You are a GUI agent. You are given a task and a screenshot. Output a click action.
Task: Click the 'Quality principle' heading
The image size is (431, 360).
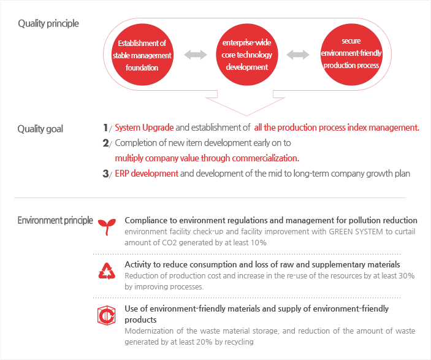[x=48, y=24]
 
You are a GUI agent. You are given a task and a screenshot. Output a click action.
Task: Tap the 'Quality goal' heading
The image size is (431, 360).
[x=40, y=129]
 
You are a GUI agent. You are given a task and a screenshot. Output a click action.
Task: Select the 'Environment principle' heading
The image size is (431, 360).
[x=55, y=220]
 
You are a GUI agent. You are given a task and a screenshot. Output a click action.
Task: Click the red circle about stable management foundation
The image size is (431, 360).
[x=142, y=55]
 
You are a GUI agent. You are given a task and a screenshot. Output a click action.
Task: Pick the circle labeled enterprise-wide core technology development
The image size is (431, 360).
[x=247, y=55]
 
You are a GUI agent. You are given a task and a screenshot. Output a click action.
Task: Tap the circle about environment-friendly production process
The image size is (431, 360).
[x=351, y=55]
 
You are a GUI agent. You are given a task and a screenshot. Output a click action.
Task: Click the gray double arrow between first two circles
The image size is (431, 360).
[x=196, y=55]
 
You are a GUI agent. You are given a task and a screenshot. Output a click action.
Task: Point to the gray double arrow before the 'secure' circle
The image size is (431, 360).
[x=298, y=55]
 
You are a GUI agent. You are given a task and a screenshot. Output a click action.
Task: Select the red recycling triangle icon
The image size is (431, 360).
[x=107, y=271]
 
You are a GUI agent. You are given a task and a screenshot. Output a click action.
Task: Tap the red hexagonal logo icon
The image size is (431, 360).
[x=107, y=315]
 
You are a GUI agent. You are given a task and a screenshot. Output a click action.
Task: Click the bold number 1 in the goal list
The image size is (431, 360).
[x=105, y=128]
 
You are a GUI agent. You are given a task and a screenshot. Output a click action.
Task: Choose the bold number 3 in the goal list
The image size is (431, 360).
[x=105, y=174]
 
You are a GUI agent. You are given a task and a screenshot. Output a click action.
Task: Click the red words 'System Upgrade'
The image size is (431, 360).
[x=144, y=128]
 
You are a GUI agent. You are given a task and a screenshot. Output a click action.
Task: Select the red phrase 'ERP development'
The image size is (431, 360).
[x=147, y=174]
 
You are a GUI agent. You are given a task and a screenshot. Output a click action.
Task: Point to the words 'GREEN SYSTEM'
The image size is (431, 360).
[x=356, y=232]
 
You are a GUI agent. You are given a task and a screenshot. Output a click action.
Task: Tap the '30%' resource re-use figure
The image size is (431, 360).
[x=407, y=275]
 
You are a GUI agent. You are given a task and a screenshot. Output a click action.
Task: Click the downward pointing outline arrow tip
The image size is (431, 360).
[x=246, y=115]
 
